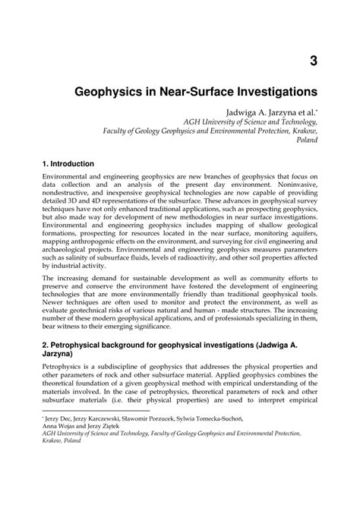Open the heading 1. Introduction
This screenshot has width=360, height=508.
tap(68, 164)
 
